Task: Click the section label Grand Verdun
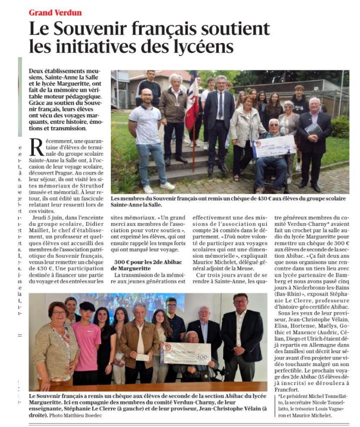pyautogui.click(x=55, y=12)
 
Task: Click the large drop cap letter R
pyautogui.click(x=37, y=148)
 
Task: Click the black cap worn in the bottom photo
pyautogui.click(x=87, y=306)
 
